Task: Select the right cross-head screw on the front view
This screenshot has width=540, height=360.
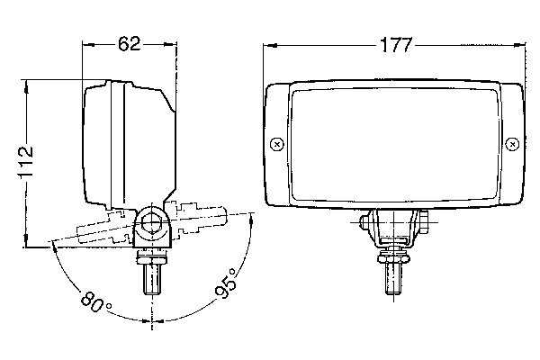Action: (512, 144)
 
